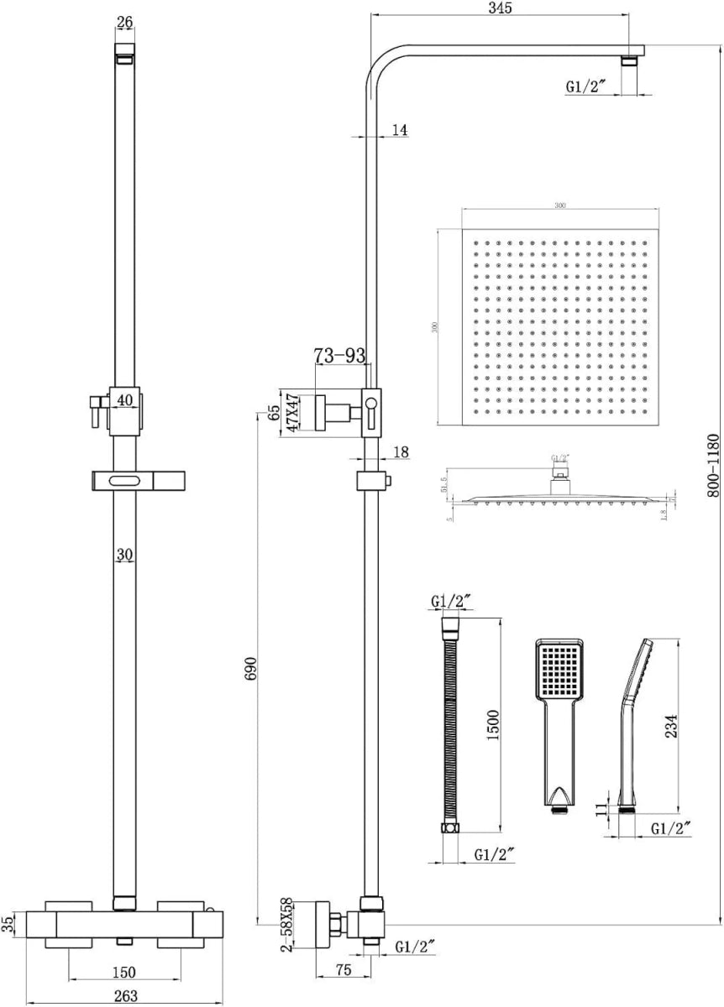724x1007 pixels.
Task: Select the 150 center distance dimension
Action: tap(124, 973)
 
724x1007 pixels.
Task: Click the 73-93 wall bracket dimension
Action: tap(340, 357)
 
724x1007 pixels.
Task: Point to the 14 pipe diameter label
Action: tap(398, 130)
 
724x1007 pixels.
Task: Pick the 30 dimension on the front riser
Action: tap(125, 555)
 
